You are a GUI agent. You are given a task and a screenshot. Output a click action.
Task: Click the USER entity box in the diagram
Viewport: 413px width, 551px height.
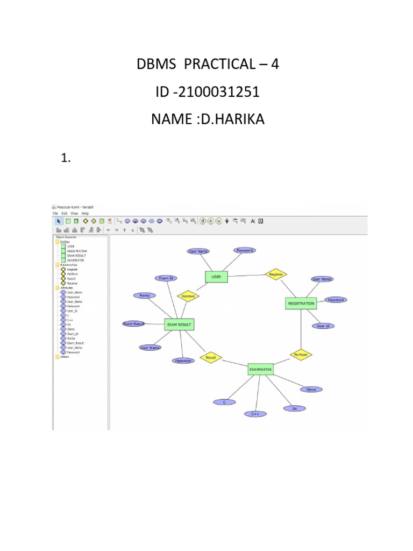216,277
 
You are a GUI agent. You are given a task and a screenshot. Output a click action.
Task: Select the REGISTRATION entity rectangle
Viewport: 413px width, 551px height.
301,303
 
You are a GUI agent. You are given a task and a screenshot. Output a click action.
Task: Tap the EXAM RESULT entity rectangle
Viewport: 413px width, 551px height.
179,324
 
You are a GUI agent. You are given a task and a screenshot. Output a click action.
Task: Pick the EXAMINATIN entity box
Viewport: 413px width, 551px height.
261,369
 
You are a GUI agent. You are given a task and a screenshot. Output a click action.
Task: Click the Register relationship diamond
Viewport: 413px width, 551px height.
276,274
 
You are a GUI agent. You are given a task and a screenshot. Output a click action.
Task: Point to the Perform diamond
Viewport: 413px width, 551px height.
301,355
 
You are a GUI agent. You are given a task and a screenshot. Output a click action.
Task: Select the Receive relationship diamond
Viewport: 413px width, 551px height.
188,296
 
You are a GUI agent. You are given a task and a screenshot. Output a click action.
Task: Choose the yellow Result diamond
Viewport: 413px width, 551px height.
211,357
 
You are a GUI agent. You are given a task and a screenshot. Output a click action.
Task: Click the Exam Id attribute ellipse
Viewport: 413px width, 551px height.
165,278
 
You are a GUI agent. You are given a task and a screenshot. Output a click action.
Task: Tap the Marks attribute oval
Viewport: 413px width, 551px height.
144,295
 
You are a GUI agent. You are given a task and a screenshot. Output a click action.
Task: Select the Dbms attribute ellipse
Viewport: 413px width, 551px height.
311,389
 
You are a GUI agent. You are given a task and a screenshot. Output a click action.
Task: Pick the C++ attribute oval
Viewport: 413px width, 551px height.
255,414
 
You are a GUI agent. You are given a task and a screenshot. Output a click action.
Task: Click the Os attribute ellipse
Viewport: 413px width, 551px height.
294,408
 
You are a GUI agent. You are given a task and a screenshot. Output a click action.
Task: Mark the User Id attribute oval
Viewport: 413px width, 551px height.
323,326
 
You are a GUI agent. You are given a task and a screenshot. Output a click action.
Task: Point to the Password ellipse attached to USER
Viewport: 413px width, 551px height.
245,250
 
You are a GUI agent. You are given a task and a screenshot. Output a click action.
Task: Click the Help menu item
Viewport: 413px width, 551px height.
85,214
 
